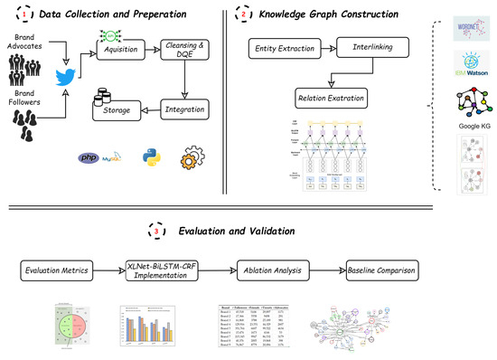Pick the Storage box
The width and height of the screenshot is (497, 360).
tap(122, 111)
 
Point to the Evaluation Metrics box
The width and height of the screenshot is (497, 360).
tap(56, 269)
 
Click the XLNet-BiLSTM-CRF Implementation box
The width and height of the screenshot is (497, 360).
tap(160, 268)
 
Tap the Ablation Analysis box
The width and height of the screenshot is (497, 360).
tap(269, 269)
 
